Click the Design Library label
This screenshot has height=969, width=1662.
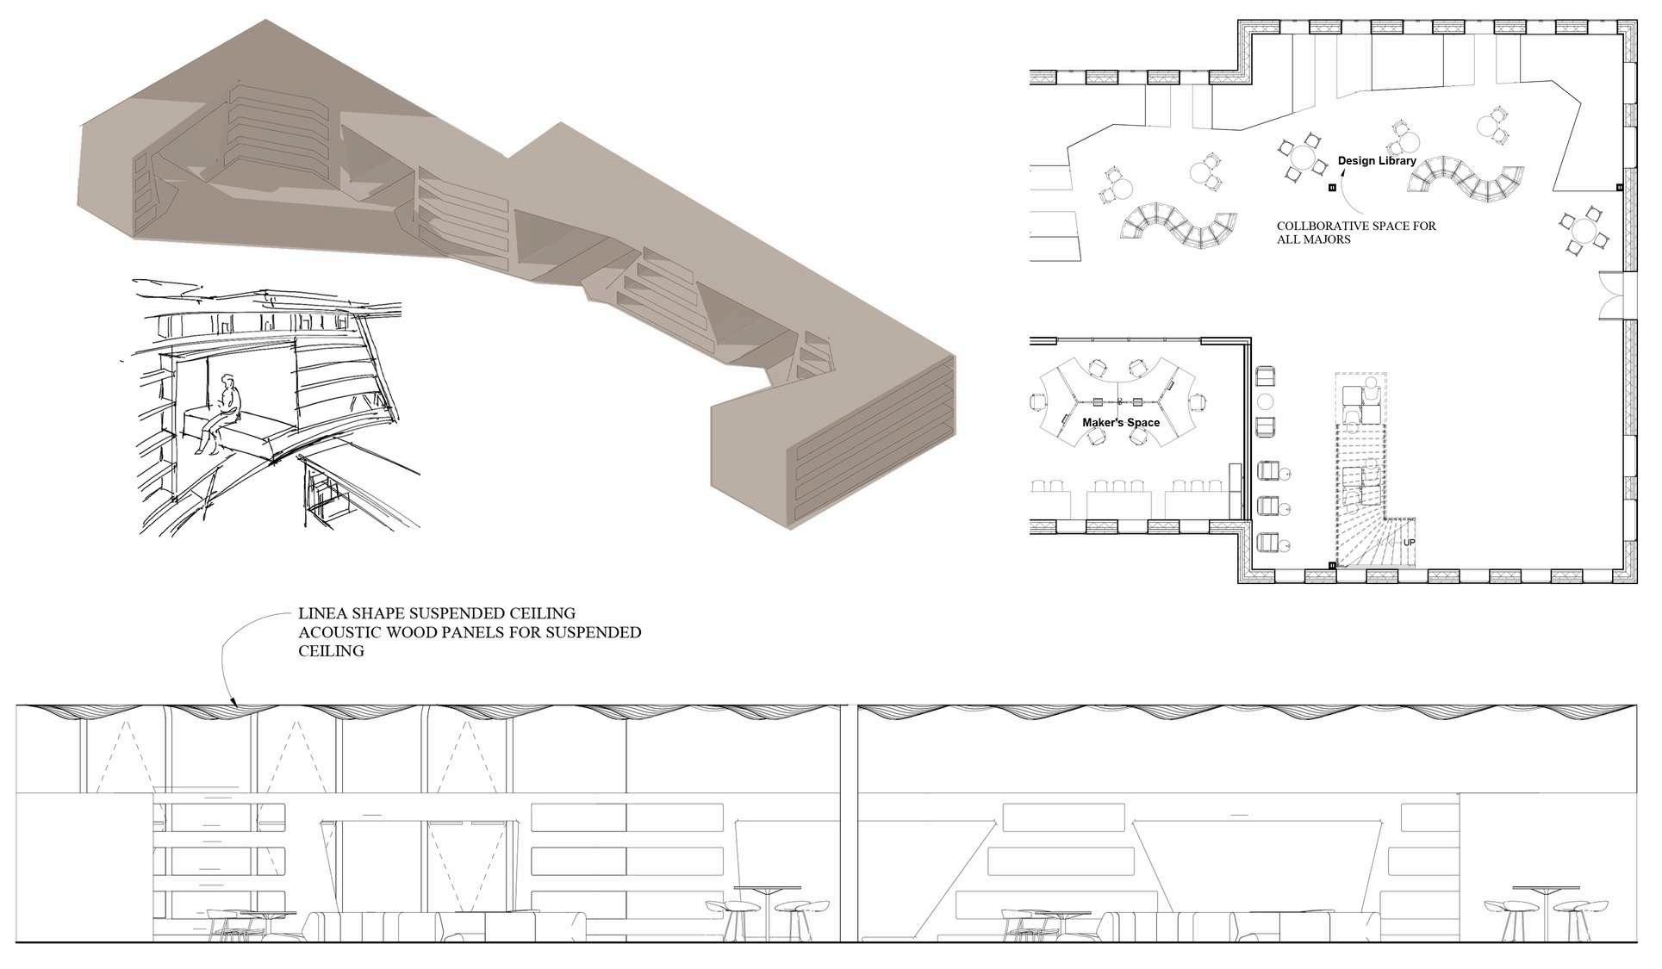[1376, 161]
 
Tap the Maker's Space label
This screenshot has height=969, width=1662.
[1120, 423]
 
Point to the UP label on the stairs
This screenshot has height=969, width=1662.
[1409, 543]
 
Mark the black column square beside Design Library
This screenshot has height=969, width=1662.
[1332, 187]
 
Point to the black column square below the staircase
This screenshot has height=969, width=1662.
[1332, 565]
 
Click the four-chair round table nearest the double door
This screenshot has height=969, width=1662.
[1584, 231]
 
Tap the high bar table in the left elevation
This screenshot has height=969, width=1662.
[767, 913]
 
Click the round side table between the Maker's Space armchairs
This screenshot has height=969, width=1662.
[1266, 401]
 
